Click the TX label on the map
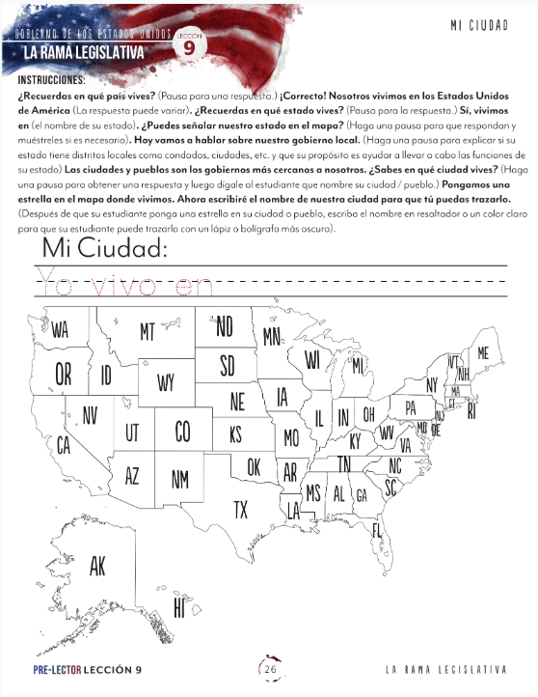click(x=241, y=508)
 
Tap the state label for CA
click(x=64, y=446)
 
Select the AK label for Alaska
click(x=97, y=567)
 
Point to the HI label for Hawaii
click(x=179, y=607)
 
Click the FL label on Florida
click(x=377, y=531)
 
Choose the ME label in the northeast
click(x=483, y=354)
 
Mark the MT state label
click(x=147, y=332)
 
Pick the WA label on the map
click(x=60, y=330)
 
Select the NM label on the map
click(x=180, y=478)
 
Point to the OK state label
click(x=254, y=467)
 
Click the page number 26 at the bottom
click(x=270, y=669)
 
